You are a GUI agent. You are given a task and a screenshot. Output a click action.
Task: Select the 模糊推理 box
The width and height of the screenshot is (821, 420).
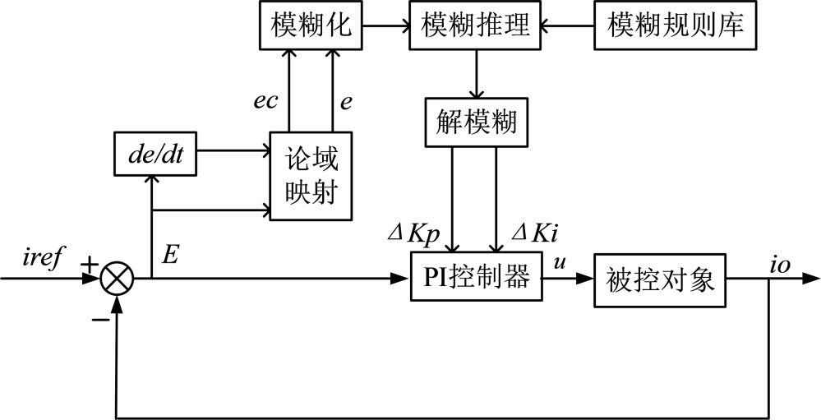[x=474, y=25]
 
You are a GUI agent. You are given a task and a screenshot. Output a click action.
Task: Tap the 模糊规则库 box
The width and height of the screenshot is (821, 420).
[x=676, y=25]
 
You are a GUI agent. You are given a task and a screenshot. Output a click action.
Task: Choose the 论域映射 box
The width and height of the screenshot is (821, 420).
[x=311, y=176]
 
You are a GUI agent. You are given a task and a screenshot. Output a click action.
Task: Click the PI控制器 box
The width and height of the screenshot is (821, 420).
[x=474, y=281]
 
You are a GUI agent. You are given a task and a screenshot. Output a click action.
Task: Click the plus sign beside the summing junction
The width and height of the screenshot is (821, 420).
[x=88, y=265]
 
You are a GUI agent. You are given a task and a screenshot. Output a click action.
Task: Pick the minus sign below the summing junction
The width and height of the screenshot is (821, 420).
[x=101, y=318]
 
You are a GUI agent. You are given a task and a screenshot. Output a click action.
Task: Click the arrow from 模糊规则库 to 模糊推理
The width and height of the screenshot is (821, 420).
[x=566, y=25]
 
